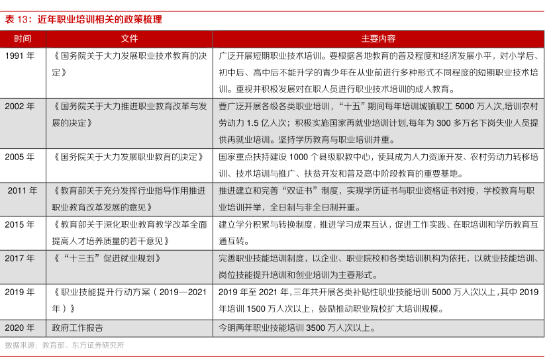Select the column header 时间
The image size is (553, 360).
click(23, 39)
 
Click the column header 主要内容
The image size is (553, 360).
click(378, 39)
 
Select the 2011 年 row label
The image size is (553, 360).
click(23, 191)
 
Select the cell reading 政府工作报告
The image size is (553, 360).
click(78, 328)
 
